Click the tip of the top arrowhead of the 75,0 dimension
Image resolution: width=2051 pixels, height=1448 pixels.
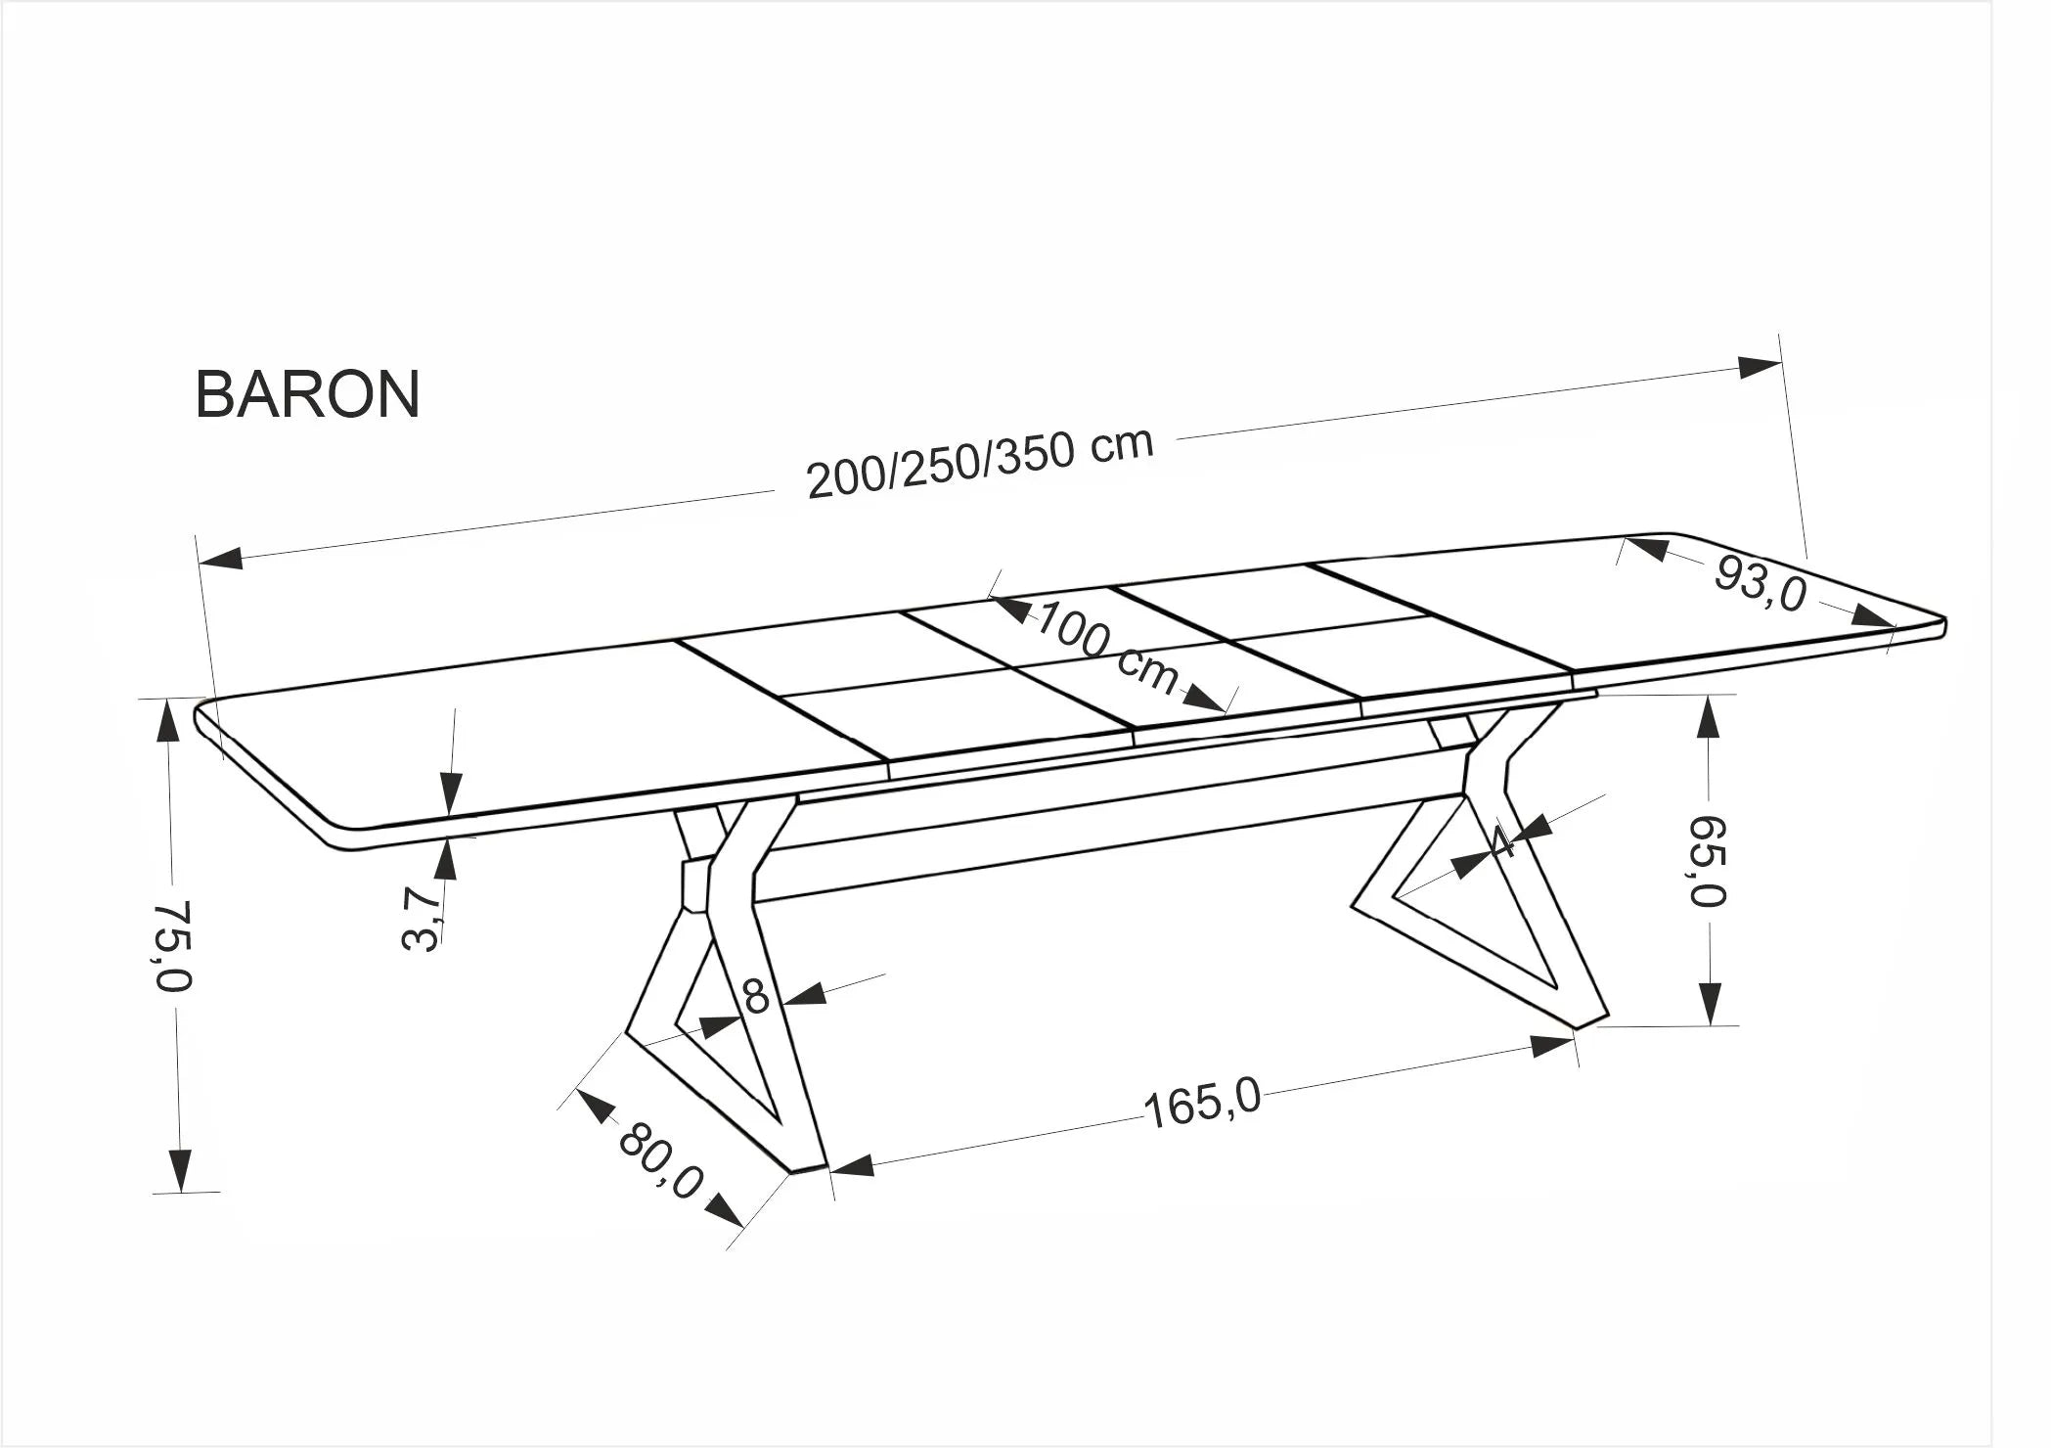coord(169,701)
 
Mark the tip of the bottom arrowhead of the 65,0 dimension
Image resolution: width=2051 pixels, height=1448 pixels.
coord(1710,1024)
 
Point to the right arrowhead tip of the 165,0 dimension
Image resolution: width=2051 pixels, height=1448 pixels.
coord(1576,1040)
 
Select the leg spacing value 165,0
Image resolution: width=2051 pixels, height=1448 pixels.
coord(1202,1105)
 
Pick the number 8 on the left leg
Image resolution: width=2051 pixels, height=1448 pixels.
coord(756,997)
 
